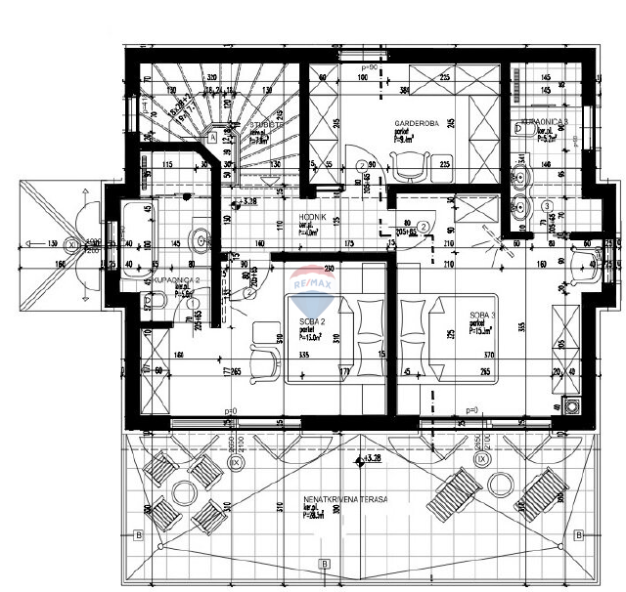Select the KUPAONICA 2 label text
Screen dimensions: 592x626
175,279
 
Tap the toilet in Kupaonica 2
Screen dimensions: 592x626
200,236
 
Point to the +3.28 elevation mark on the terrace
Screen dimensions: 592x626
370,456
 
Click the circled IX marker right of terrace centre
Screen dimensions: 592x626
481,457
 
